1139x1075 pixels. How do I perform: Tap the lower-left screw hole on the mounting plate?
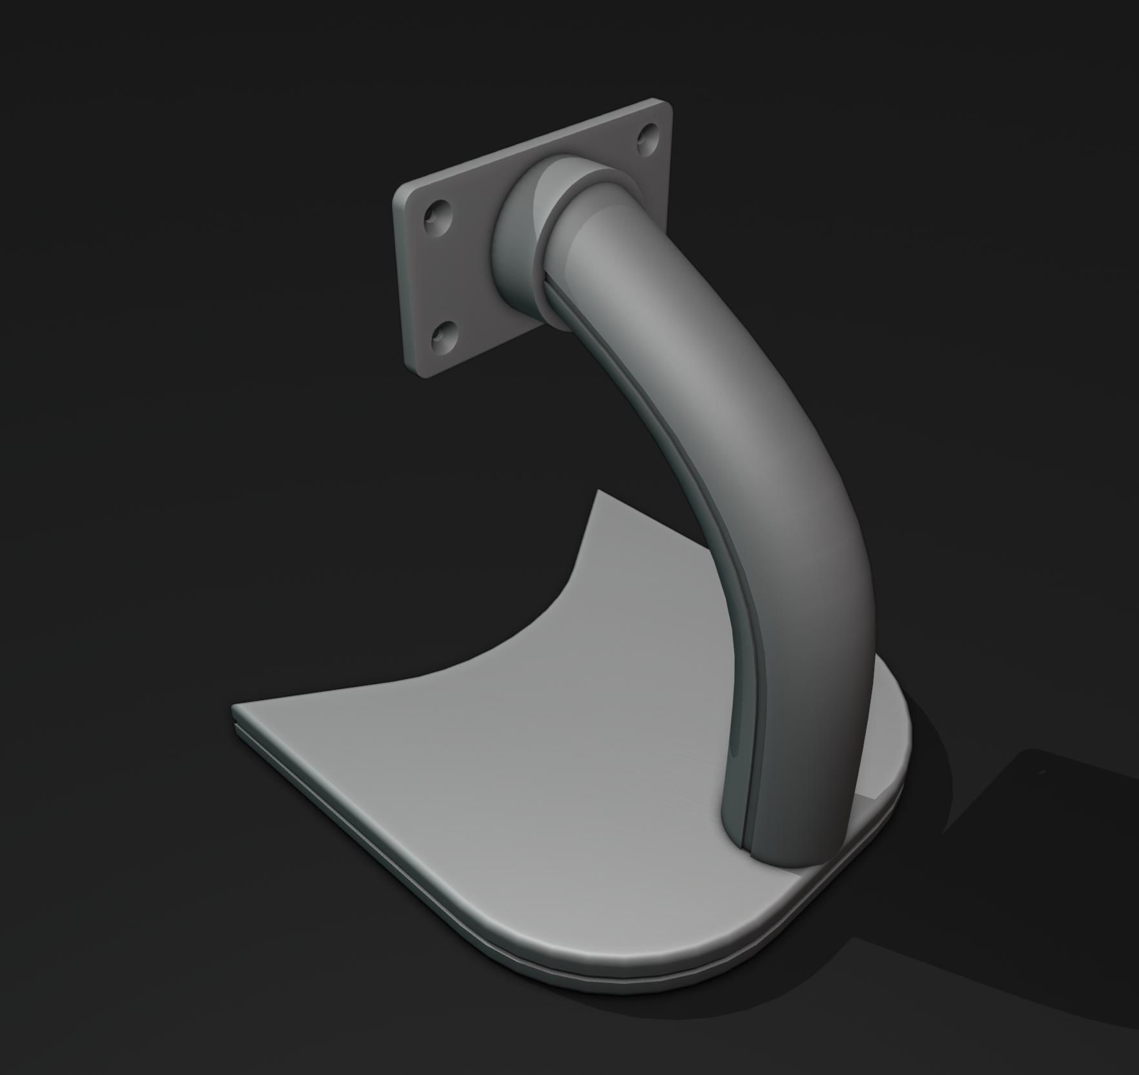(x=444, y=336)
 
